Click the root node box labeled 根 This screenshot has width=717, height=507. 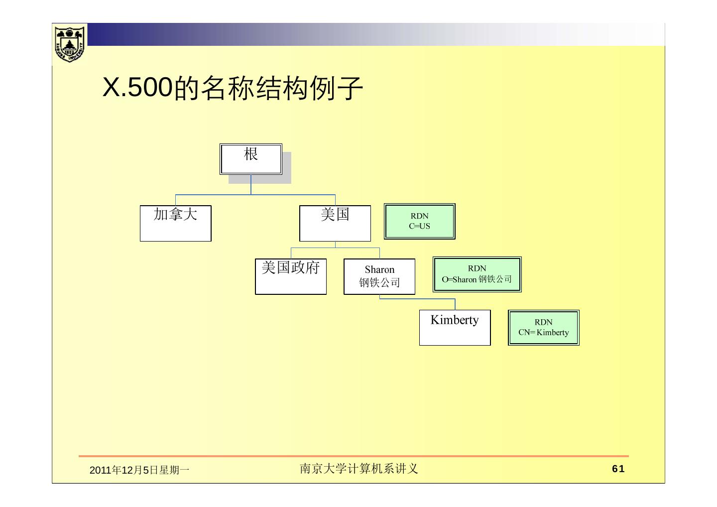pos(251,159)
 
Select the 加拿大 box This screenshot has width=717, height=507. pos(175,223)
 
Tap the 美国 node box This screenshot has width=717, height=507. pos(335,223)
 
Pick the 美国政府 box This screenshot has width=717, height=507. pos(291,276)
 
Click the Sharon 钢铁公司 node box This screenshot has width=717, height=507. pos(379,276)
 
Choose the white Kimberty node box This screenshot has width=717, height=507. pos(455,327)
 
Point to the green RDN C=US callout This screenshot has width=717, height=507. pos(420,221)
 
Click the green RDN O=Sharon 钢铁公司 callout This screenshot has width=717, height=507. pos(477,274)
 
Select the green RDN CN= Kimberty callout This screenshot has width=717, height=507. pos(544,328)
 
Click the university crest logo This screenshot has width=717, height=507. pos(70,44)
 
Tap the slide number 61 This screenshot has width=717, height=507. pos(618,469)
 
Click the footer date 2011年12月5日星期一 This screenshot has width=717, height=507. pos(139,470)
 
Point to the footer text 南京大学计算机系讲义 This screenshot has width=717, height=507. pos(358,469)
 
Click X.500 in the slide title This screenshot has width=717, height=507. pos(137,88)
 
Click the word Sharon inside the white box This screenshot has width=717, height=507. pos(379,270)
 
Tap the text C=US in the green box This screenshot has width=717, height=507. pos(420,226)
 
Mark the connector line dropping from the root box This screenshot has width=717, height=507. pos(251,184)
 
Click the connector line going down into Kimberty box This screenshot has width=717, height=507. pos(455,304)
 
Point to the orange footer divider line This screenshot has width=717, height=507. pos(354,456)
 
